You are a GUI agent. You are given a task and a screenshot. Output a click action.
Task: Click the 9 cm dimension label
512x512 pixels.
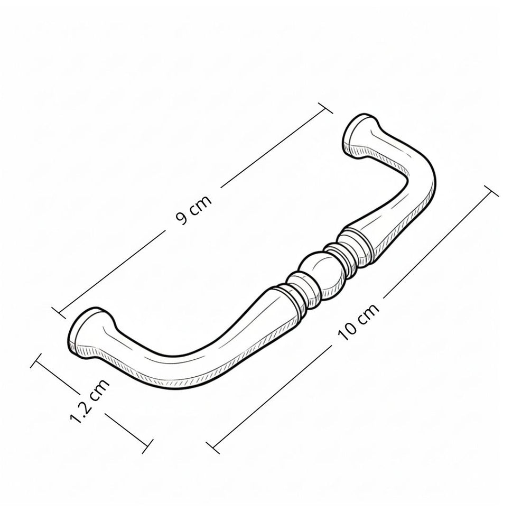[194, 210]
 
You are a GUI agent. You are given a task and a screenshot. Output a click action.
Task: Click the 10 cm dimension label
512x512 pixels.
[358, 322]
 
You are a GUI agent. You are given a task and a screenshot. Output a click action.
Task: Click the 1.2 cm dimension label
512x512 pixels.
[90, 401]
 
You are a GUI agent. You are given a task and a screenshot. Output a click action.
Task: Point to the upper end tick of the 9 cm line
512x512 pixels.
[325, 108]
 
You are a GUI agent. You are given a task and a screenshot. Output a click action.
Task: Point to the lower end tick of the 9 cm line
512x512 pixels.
[59, 312]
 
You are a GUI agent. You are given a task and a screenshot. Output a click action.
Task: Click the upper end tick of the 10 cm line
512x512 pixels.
[491, 191]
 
